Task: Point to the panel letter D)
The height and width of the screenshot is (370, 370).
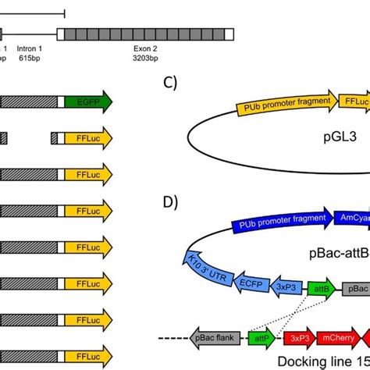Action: coord(173,202)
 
